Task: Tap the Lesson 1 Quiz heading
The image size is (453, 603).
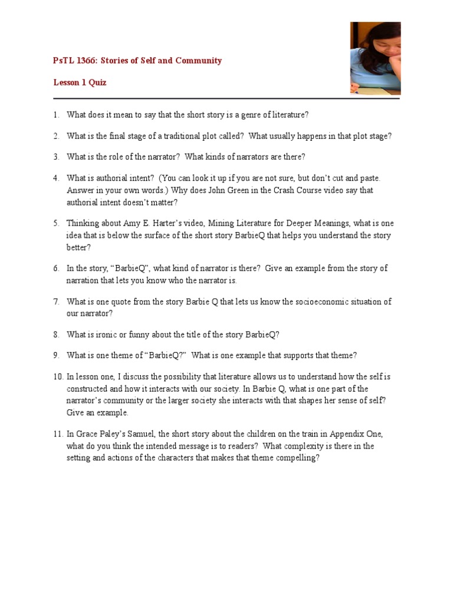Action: (80, 82)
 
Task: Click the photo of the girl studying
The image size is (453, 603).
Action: (375, 58)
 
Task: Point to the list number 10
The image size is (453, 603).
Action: (57, 376)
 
